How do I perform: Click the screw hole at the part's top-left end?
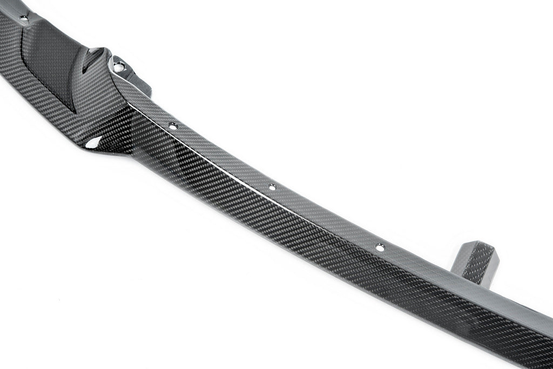(23, 18)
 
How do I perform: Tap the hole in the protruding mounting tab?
(119, 67)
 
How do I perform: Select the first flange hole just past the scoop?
(173, 126)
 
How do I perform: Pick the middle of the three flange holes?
(272, 187)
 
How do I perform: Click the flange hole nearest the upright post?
(380, 247)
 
